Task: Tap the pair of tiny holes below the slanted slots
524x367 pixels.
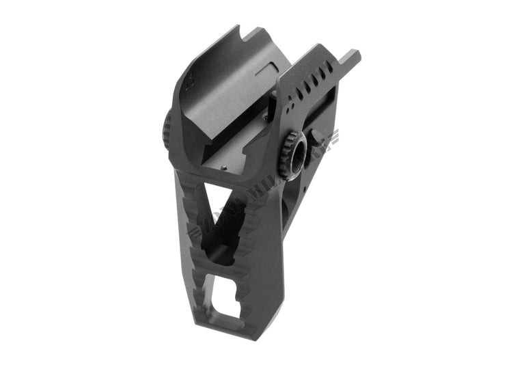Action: click(292, 108)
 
